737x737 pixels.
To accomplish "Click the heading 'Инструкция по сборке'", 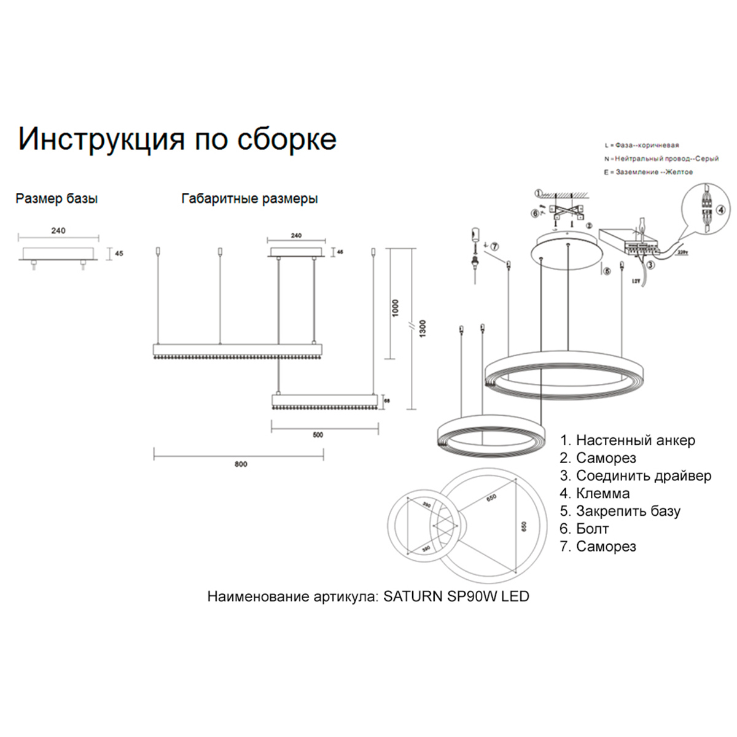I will [177, 139].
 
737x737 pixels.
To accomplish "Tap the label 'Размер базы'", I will [57, 198].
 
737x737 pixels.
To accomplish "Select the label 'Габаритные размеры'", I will [249, 198].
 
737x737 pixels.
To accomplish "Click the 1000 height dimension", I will [396, 308].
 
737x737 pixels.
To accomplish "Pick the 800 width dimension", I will [240, 464].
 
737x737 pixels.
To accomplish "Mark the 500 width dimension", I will [318, 435].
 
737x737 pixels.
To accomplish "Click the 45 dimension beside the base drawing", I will [119, 253].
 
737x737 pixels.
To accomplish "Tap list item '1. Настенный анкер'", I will [627, 440].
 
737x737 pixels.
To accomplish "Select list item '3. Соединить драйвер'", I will [635, 476].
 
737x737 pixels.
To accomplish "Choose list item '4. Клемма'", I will [595, 493].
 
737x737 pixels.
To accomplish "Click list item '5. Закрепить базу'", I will [620, 511].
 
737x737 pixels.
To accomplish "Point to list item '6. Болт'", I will [584, 529].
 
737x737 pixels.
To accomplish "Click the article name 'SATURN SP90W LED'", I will [456, 596].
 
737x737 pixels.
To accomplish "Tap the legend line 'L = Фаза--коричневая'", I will [641, 146].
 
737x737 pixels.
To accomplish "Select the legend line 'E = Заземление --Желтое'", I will [648, 173].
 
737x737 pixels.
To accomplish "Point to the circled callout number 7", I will [495, 246].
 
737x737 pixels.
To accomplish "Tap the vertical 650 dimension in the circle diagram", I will [524, 526].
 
